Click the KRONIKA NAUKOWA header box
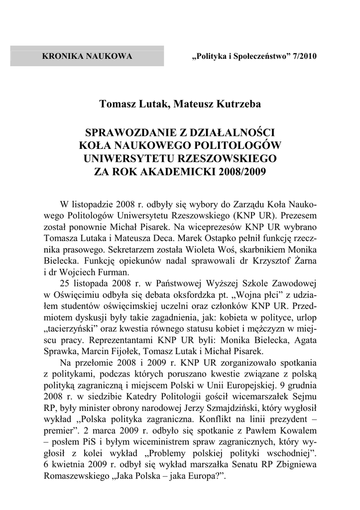pos(87,56)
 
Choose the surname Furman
pos(114,272)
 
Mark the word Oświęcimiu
pos(75,294)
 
